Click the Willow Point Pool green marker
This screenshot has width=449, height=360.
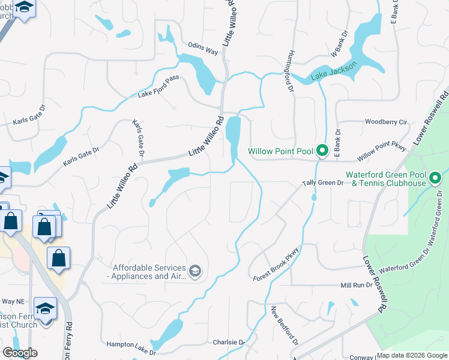[322, 151]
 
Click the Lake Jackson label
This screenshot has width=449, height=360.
[334, 70]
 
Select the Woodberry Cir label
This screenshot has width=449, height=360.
[386, 122]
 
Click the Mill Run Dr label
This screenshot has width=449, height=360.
[356, 286]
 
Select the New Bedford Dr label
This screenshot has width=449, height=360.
[284, 326]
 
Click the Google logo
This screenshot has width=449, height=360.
[20, 353]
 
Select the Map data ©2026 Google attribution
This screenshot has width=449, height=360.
[412, 355]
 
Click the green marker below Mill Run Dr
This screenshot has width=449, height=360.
[330, 308]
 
